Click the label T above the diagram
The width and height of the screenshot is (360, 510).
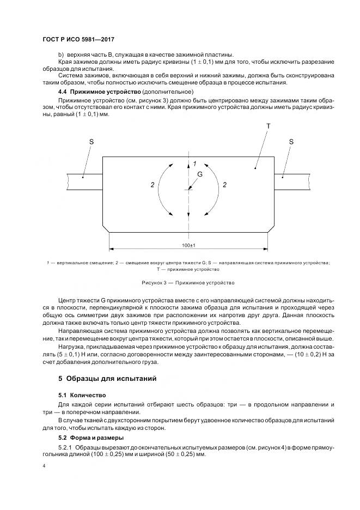(x=268, y=126)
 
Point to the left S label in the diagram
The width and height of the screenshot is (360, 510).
(x=91, y=142)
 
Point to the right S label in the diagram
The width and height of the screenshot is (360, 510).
(x=291, y=142)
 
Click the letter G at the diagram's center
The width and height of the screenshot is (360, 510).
(x=199, y=174)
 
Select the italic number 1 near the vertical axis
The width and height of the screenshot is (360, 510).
(x=194, y=163)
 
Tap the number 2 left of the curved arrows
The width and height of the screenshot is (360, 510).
(x=152, y=185)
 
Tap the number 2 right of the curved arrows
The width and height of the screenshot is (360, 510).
(x=224, y=185)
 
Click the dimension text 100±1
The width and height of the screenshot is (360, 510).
(x=188, y=246)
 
